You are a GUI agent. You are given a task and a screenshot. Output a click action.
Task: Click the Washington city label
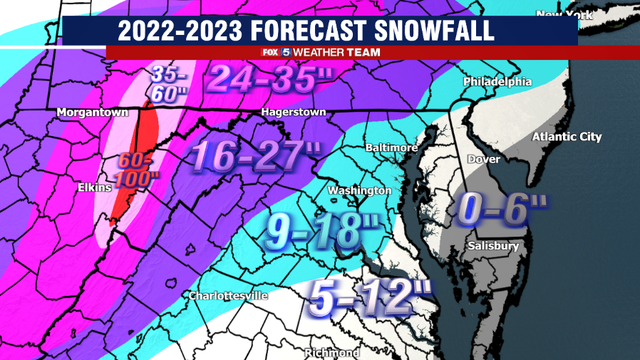click(x=361, y=190)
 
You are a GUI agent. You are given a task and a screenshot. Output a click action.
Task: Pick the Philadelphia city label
click(x=497, y=81)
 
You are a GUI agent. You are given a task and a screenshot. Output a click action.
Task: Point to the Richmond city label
click(x=332, y=352)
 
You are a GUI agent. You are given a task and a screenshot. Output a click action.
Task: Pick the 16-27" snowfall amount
click(x=256, y=155)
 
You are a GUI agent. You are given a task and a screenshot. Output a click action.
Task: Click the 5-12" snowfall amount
click(x=370, y=297)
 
